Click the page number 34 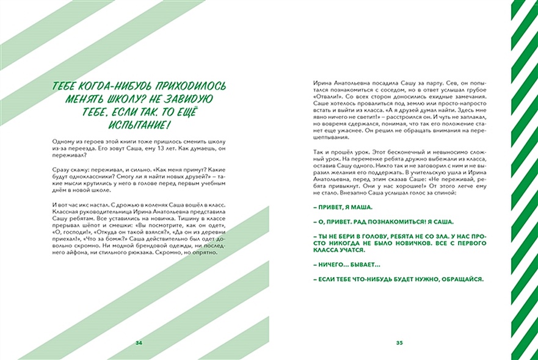[x=139, y=343]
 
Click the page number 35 [x=399, y=343]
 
